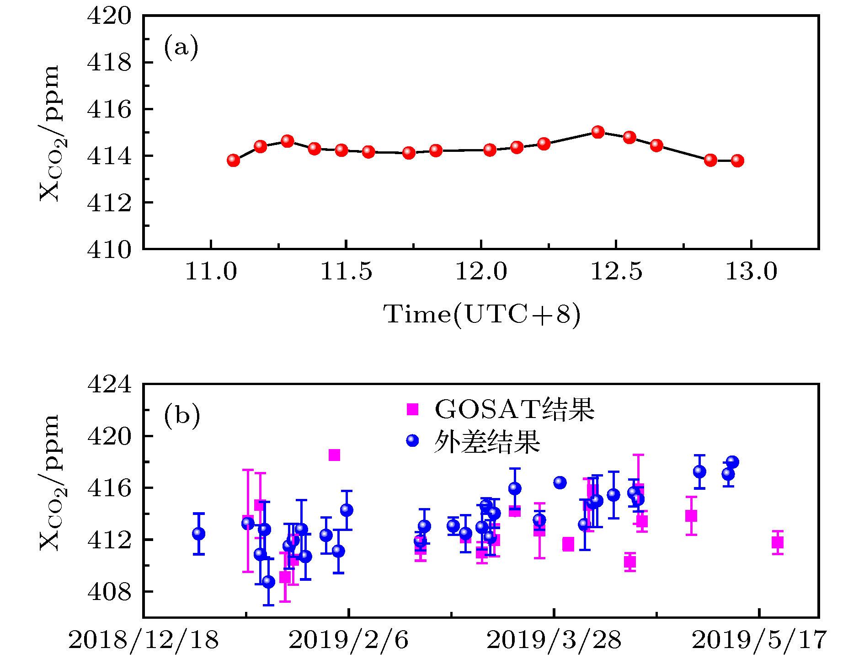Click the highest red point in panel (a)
tap(598, 132)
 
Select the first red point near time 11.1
tap(234, 160)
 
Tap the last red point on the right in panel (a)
tap(737, 161)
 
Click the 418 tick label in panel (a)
tap(109, 63)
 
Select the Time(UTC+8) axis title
tap(482, 315)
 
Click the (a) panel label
tap(181, 47)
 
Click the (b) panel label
tap(182, 415)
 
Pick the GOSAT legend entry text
tap(514, 409)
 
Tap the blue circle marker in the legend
tap(412, 440)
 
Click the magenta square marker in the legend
tap(412, 409)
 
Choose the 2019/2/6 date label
tap(348, 639)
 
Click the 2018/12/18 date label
tap(144, 639)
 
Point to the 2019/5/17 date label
tap(759, 639)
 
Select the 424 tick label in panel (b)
tap(109, 384)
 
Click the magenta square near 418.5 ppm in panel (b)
tap(334, 455)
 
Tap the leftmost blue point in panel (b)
tap(199, 533)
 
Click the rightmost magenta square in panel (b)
tap(778, 542)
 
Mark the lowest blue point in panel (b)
tap(268, 582)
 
